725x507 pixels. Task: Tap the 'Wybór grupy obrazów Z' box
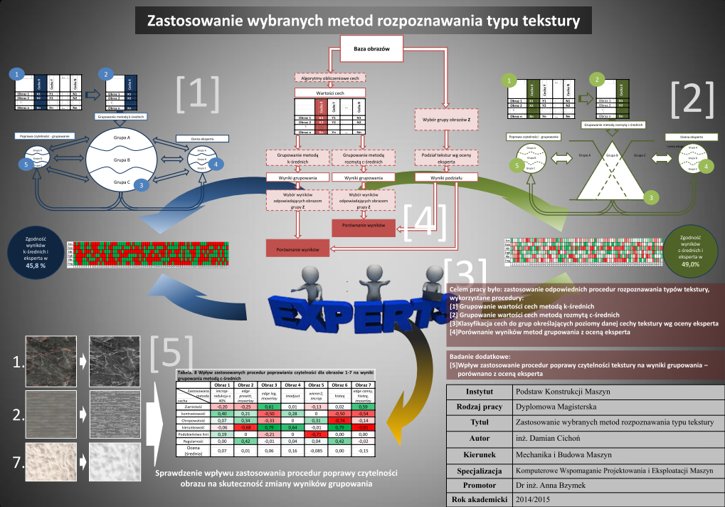[x=444, y=120]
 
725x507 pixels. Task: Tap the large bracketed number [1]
[x=197, y=93]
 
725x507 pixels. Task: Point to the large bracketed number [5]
[x=171, y=350]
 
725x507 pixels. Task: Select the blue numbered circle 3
[x=142, y=184]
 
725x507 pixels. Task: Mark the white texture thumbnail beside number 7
[x=55, y=462]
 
